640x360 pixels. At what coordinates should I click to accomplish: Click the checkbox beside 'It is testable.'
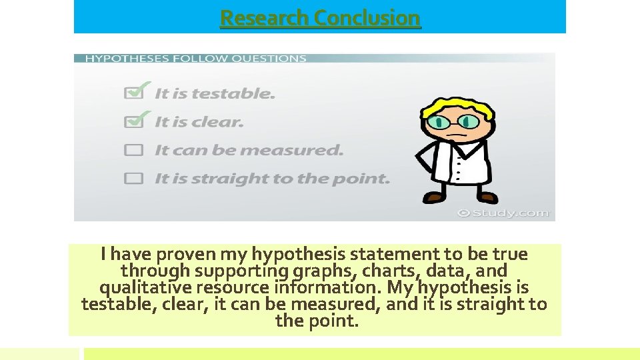tap(134, 94)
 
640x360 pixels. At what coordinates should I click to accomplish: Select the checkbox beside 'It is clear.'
tap(134, 122)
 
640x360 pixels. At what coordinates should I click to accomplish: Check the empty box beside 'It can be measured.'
tap(134, 151)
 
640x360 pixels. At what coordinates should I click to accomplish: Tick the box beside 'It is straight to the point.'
tap(134, 179)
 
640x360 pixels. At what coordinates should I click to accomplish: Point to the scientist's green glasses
tap(453, 122)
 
